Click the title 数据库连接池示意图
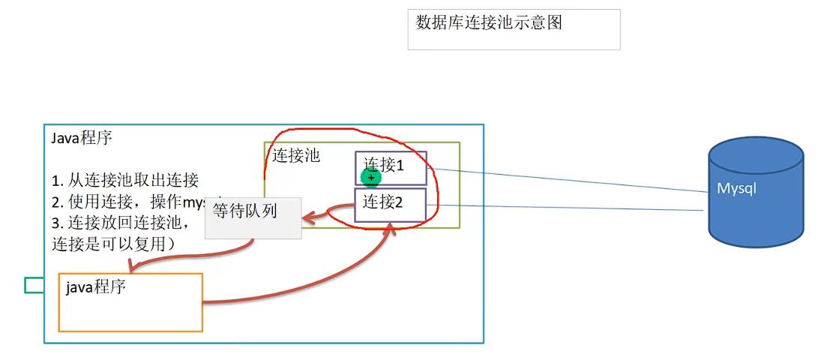489,22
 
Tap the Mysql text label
736,188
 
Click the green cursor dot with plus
370,178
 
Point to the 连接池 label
295,155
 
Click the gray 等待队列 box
253,218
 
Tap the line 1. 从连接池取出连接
124,180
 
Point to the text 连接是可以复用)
112,244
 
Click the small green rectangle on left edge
33,285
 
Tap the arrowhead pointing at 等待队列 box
308,219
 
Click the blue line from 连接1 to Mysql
570,180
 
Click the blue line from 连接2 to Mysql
570,208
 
